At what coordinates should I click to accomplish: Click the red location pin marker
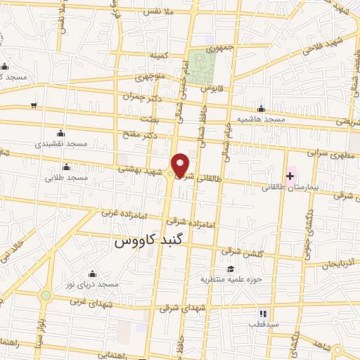(x=181, y=165)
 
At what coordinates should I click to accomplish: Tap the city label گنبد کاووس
(x=143, y=241)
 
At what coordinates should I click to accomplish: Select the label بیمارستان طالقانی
(x=290, y=188)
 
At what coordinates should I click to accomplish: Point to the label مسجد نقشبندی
(x=62, y=143)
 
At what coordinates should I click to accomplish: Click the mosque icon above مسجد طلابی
(x=66, y=167)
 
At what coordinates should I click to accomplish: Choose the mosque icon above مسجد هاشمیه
(x=261, y=108)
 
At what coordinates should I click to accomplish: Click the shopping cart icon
(x=34, y=105)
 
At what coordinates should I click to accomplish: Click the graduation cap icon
(x=231, y=269)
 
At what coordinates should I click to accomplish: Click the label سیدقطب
(x=263, y=325)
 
